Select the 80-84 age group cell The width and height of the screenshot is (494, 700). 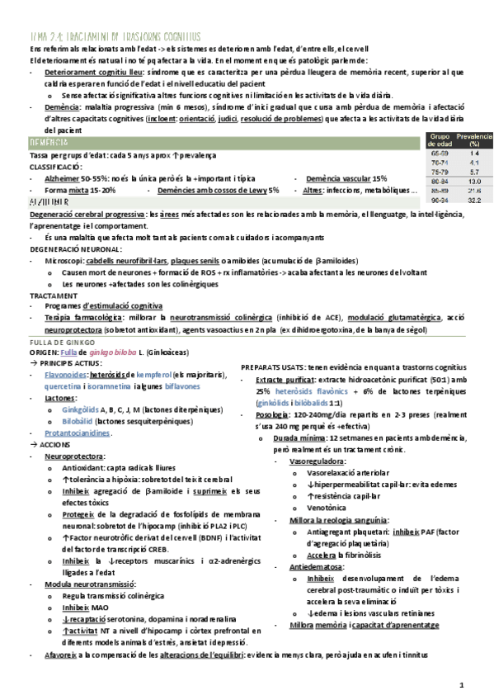(x=440, y=181)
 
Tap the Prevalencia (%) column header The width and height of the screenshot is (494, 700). (x=473, y=140)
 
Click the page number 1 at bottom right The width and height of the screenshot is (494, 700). (x=462, y=685)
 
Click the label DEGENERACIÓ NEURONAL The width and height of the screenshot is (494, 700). (x=75, y=248)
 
